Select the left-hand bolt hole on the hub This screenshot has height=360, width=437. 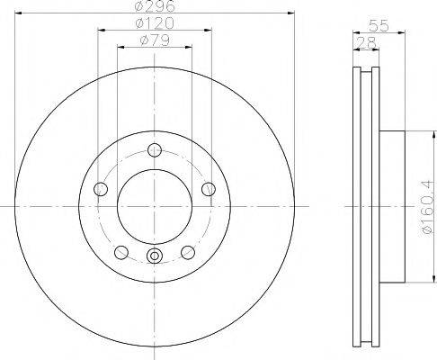(x=100, y=189)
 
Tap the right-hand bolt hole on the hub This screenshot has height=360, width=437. (x=209, y=189)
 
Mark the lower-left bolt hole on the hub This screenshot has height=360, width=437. (x=120, y=252)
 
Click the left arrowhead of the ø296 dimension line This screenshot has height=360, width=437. (x=22, y=14)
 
